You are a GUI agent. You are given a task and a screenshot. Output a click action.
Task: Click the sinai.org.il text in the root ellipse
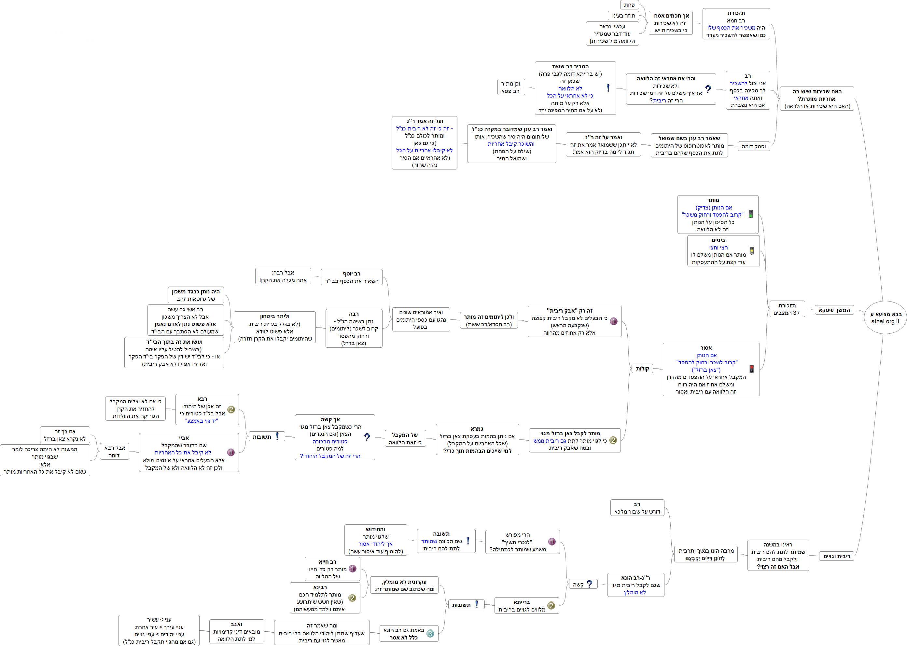[885, 321]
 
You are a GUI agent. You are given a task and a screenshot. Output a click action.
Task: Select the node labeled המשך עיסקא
[834, 310]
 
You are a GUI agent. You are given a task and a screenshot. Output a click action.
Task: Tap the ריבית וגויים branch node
[837, 557]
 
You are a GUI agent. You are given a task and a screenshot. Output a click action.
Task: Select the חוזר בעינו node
[623, 16]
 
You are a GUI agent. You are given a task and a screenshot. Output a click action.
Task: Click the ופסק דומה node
[753, 146]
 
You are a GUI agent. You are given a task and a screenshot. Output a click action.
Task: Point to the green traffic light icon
[750, 214]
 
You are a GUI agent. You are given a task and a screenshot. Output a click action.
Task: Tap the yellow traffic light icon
[752, 250]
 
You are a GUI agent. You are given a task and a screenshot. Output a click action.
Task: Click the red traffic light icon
[752, 369]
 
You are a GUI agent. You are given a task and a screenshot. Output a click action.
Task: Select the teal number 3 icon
[430, 634]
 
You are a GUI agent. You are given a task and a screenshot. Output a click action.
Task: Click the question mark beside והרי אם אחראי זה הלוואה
[707, 89]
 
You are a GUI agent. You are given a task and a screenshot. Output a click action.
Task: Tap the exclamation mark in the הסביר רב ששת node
[608, 88]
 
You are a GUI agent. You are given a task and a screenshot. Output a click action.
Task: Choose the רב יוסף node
[352, 277]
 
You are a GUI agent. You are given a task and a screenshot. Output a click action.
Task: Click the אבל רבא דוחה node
[114, 451]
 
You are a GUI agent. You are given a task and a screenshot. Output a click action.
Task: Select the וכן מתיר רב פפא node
[511, 87]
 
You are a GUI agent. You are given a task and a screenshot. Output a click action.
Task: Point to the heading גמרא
[477, 429]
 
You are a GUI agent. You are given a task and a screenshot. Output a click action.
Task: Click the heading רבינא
[320, 587]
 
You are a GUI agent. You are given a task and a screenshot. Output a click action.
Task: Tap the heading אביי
[184, 438]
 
